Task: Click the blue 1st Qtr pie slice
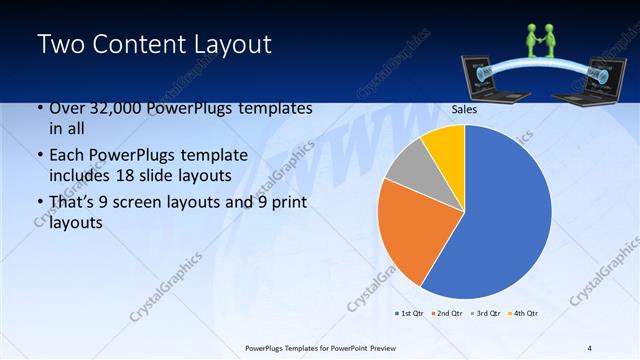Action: pos(500,220)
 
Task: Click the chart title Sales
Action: pos(464,110)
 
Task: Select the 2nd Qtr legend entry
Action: pos(446,314)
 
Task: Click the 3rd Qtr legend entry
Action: pos(485,314)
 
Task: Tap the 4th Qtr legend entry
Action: pos(524,314)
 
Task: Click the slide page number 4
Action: pos(590,347)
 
